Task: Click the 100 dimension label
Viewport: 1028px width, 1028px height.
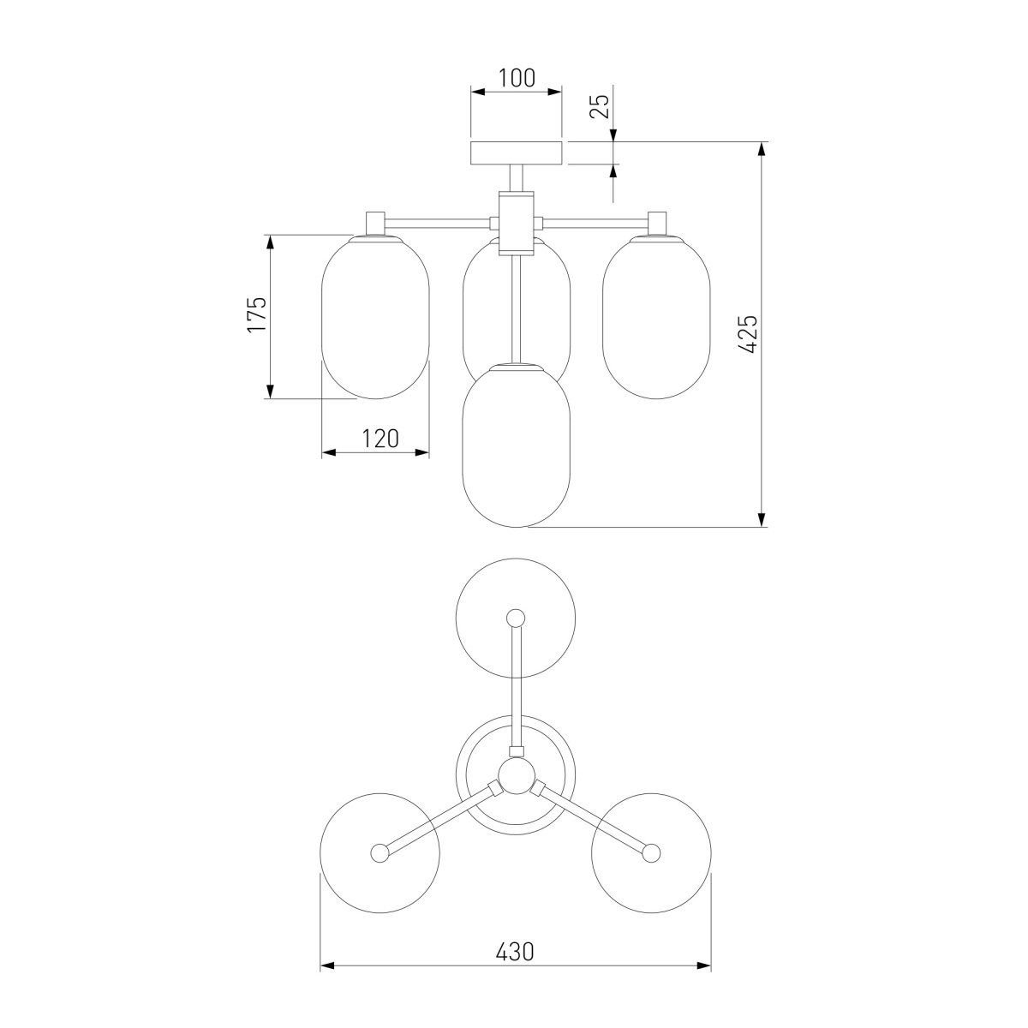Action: [x=517, y=78]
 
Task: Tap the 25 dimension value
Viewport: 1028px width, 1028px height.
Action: [x=601, y=105]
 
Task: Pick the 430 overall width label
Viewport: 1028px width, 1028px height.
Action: [x=515, y=976]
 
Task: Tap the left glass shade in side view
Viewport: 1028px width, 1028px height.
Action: [x=374, y=317]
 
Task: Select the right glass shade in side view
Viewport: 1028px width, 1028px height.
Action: [x=656, y=317]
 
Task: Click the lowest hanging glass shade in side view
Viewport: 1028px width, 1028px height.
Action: [x=516, y=445]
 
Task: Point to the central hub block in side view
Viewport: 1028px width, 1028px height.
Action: [x=516, y=223]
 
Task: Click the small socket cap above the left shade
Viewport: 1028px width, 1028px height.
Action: [x=375, y=222]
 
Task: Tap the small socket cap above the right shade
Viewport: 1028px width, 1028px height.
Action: [x=657, y=222]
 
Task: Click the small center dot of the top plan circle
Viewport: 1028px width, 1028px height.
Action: [x=516, y=617]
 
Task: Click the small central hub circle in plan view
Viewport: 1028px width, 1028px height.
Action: [x=516, y=777]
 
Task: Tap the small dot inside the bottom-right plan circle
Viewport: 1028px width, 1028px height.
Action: [x=651, y=852]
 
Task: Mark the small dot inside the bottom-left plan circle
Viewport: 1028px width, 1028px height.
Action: [x=380, y=852]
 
